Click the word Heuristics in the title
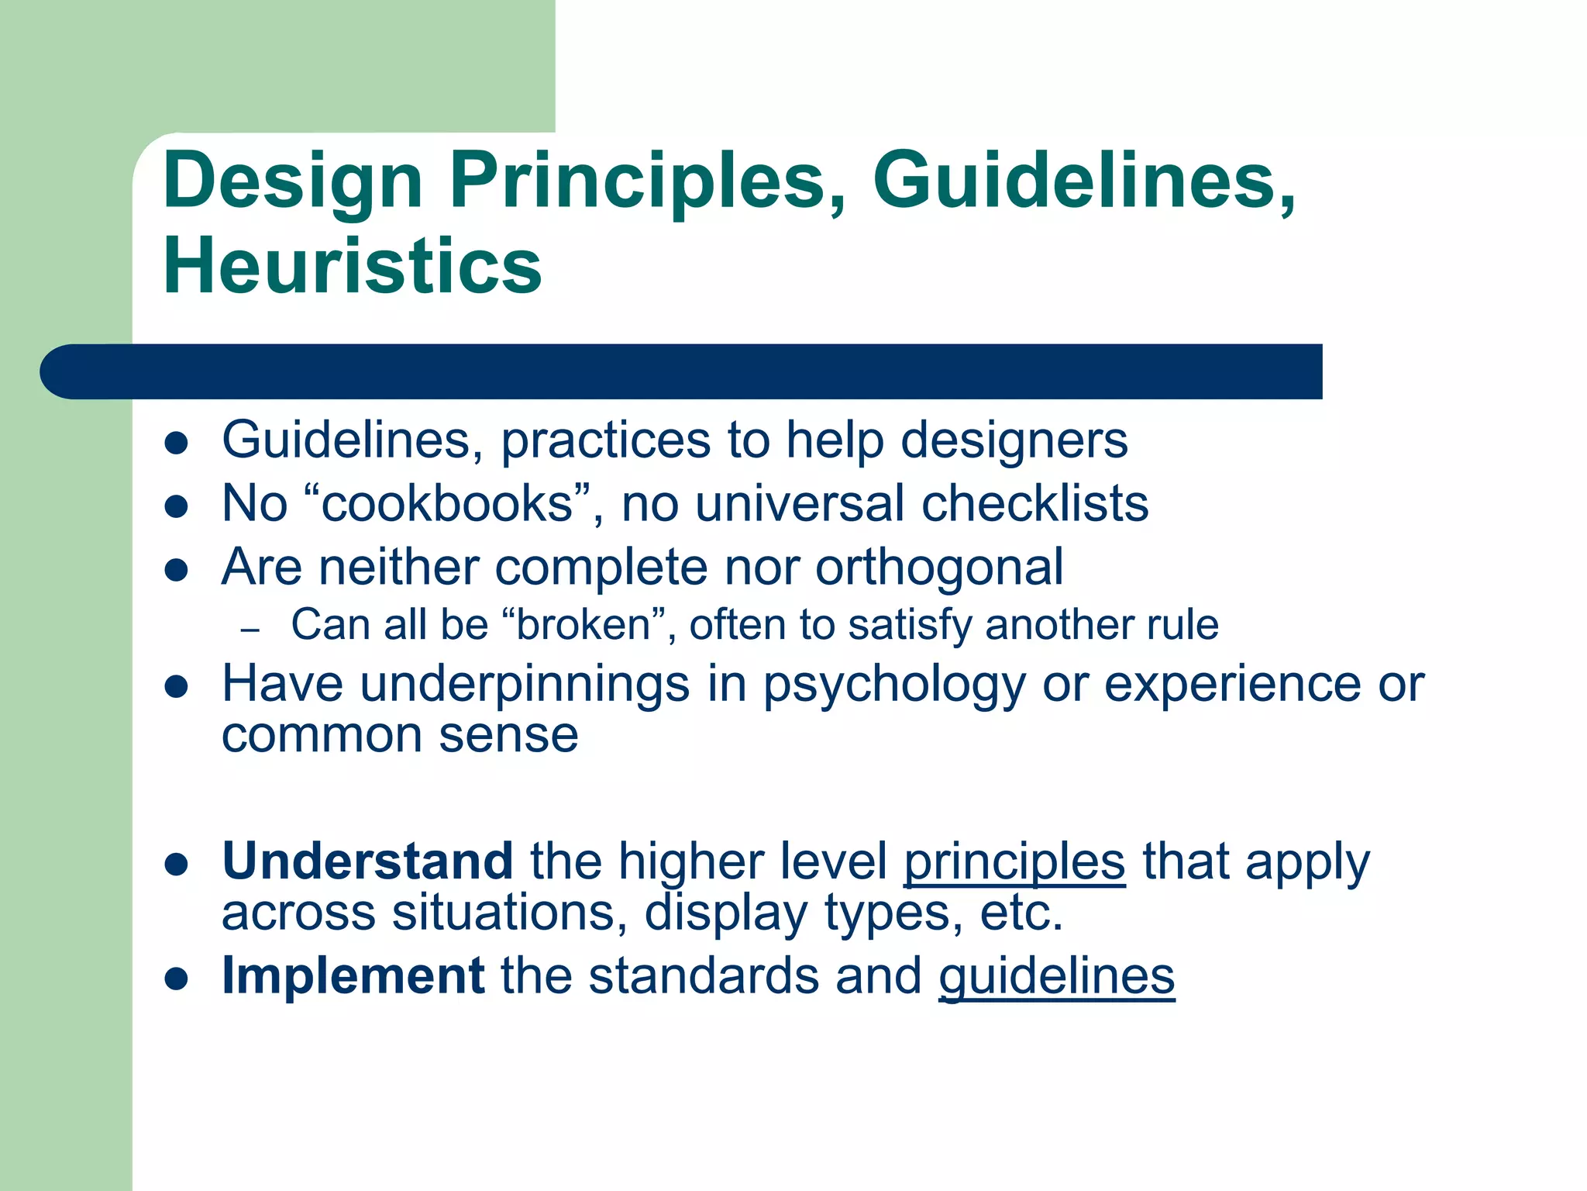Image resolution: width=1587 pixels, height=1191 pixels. click(353, 266)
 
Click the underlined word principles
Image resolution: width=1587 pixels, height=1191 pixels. click(1014, 862)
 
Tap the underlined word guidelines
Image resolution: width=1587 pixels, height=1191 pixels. click(1057, 976)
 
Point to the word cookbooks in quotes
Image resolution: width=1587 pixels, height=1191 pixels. click(446, 503)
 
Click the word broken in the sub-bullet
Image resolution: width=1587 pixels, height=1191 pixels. click(584, 624)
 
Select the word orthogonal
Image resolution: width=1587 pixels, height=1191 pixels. click(939, 568)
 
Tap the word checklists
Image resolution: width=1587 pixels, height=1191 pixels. click(1034, 503)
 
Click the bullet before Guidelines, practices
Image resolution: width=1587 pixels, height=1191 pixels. click(177, 443)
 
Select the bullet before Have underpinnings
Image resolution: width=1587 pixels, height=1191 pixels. click(177, 686)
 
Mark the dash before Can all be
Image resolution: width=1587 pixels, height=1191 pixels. click(250, 630)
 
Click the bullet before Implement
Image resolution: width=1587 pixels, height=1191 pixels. click(177, 978)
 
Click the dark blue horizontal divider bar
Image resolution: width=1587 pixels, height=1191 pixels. click(682, 371)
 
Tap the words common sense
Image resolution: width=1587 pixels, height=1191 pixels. click(400, 734)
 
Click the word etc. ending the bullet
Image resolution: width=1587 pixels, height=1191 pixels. click(1021, 913)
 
